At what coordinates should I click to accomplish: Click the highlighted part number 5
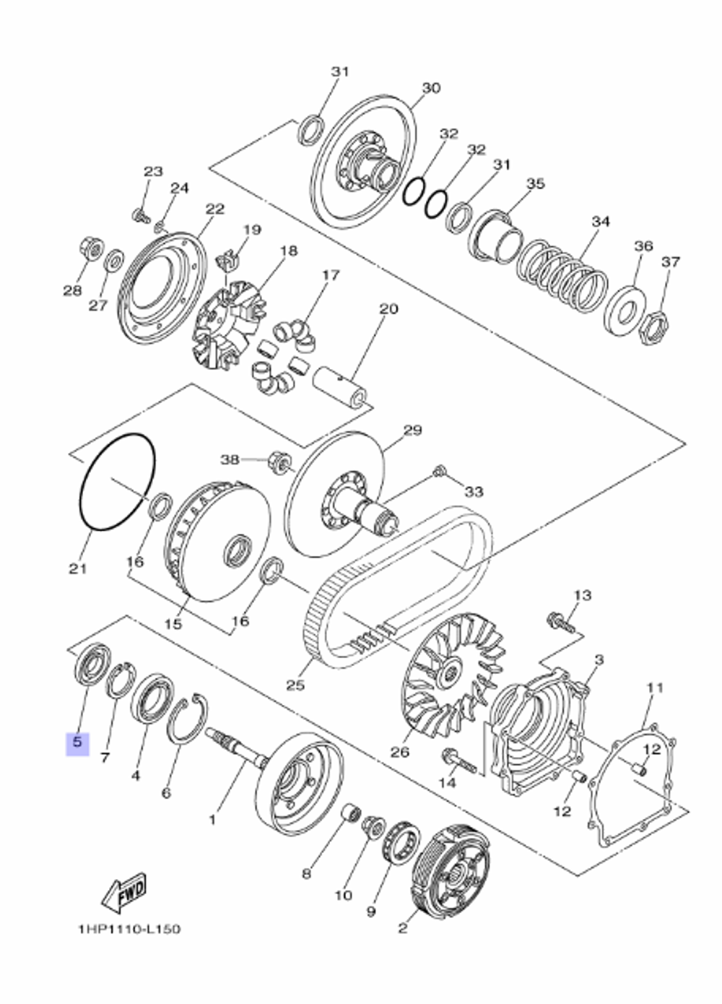click(77, 743)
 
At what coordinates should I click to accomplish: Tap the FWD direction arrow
click(123, 893)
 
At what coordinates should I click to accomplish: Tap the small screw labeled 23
click(139, 215)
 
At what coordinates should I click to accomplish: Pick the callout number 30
click(430, 88)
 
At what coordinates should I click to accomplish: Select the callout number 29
click(412, 430)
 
